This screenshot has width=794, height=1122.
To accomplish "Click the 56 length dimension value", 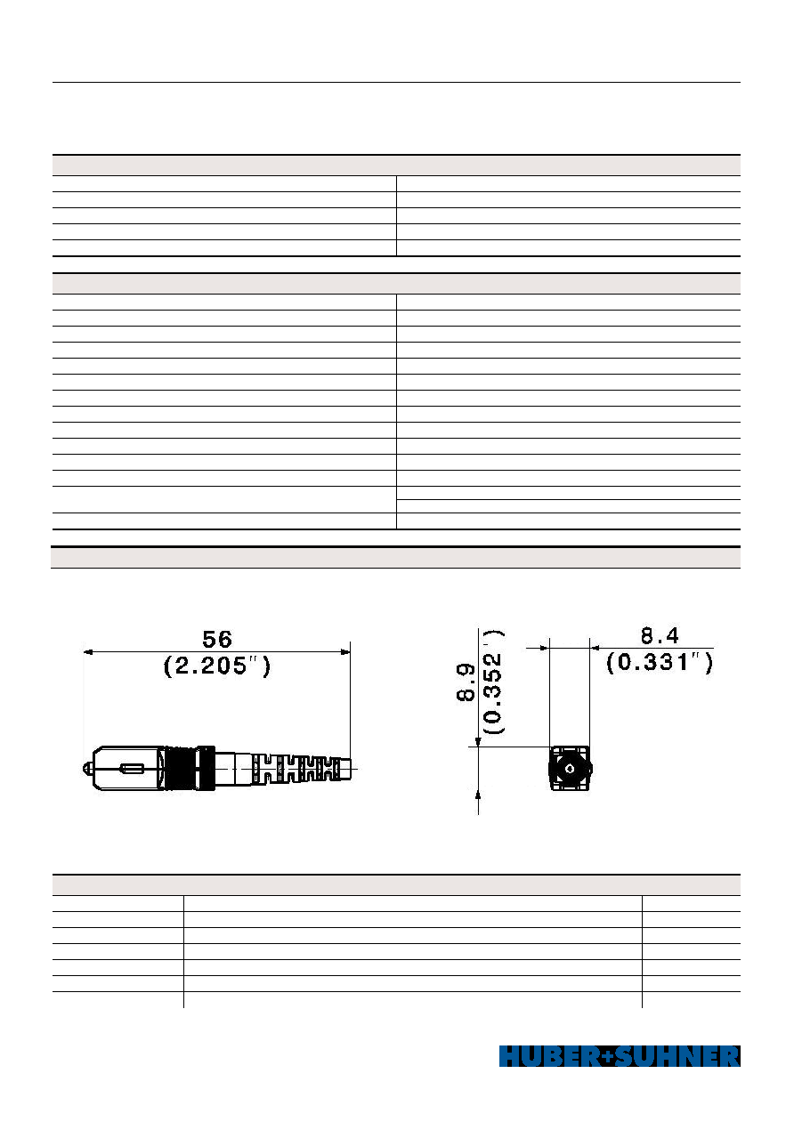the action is pos(217,640).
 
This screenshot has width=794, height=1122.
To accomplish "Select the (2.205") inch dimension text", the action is pos(217,666).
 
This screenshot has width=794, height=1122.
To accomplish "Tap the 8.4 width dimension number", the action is pos(660,636).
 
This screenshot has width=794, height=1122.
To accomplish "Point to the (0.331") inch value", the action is pos(660,663).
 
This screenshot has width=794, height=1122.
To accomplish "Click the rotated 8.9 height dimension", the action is pos(466,682).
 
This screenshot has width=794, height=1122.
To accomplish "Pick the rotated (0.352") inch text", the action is pos(493,682).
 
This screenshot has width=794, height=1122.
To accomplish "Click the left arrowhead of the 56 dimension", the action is pos(88,651).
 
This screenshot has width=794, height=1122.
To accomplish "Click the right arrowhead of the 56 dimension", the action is pos(345,651).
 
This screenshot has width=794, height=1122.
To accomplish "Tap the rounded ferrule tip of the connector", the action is pos(87,769).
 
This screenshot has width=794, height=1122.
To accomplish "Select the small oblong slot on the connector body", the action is pos(132,768).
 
